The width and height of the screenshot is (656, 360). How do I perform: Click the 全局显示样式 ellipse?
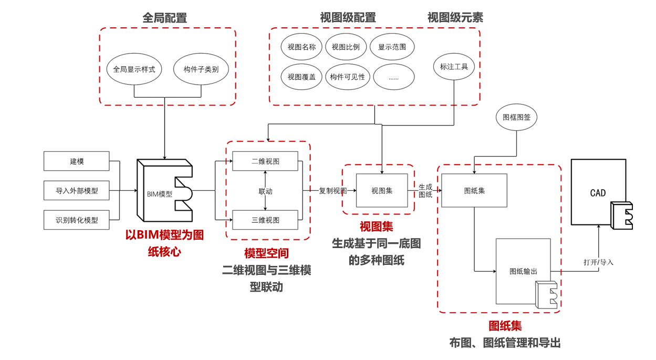pos(134,69)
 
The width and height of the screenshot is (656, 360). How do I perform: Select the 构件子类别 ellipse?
pos(201,69)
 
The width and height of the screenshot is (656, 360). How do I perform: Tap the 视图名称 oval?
pos(301,47)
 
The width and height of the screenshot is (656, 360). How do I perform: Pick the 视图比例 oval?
pos(346,47)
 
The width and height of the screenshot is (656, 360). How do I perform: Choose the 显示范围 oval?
pos(392,47)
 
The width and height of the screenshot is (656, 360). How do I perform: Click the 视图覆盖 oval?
pos(301,77)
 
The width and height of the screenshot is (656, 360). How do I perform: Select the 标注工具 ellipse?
pos(454,67)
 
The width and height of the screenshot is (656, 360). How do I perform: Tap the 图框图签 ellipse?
pos(517,118)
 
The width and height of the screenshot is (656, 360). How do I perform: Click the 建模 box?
pos(77,161)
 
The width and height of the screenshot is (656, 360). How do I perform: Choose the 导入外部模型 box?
pos(77,191)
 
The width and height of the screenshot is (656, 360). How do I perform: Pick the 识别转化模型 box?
pos(77,220)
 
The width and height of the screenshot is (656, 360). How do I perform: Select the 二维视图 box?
pos(265,161)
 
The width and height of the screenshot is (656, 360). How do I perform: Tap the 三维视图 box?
pos(265,220)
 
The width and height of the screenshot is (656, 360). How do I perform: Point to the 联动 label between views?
pos(265,191)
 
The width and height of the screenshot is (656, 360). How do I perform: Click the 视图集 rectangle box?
pos(382,190)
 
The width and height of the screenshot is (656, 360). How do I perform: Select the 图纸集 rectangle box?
pos(474,190)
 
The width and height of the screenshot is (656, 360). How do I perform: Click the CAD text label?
pos(598,193)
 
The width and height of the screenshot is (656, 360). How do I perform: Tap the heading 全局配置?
pos(165,18)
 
